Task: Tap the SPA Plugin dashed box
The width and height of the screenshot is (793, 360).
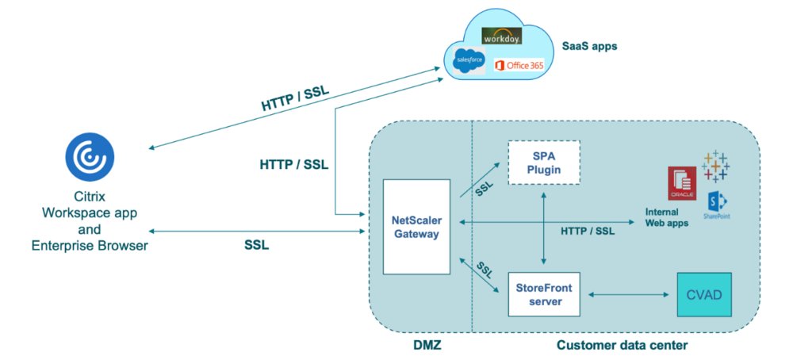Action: [x=543, y=163]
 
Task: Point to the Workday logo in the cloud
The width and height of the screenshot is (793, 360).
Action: [x=500, y=37]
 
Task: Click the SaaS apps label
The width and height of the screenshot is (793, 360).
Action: [x=589, y=46]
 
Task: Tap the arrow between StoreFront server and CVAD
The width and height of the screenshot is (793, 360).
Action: [x=624, y=296]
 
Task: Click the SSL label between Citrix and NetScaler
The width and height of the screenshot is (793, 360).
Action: [x=256, y=245]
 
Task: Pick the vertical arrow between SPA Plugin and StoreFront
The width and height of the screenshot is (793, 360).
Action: [x=543, y=226]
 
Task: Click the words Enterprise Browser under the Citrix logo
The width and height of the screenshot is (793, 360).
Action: [x=90, y=247]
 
